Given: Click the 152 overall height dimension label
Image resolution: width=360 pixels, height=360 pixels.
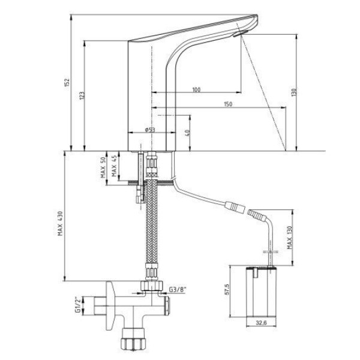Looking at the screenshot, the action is pyautogui.click(x=67, y=82).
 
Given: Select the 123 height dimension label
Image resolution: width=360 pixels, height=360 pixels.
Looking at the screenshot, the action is pyautogui.click(x=82, y=96).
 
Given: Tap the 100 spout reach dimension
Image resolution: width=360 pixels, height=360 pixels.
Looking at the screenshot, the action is pyautogui.click(x=196, y=89).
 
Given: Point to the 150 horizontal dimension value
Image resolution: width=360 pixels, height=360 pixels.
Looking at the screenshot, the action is pyautogui.click(x=228, y=104).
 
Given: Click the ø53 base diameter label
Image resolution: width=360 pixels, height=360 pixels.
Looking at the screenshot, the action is pyautogui.click(x=150, y=130).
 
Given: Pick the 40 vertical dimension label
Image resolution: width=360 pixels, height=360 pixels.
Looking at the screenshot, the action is pyautogui.click(x=187, y=133).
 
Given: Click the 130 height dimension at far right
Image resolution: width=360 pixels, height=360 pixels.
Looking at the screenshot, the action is pyautogui.click(x=294, y=92).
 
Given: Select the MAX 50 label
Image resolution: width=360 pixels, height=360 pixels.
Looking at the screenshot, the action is pyautogui.click(x=103, y=167).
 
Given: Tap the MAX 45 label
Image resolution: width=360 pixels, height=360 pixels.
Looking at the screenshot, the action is pyautogui.click(x=114, y=166).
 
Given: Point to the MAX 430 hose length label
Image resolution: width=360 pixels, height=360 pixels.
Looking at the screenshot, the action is pyautogui.click(x=60, y=223).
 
